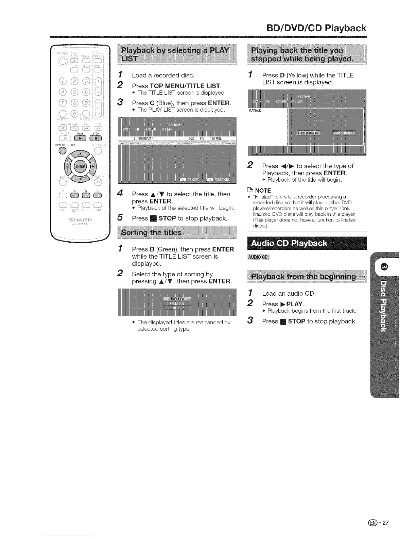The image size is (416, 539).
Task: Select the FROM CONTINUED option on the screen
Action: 344,133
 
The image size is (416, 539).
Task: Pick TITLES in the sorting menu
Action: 177,308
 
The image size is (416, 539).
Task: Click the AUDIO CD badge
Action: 259,257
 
